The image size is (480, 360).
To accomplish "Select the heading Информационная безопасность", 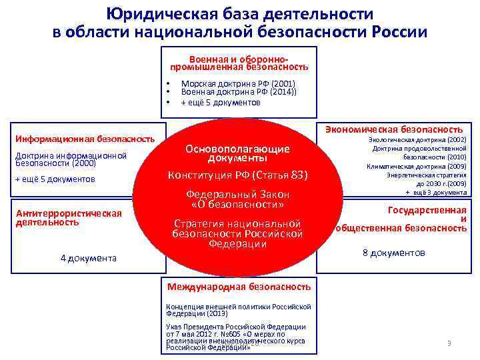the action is [85, 139].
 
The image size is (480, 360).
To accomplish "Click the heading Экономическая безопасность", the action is [394, 129].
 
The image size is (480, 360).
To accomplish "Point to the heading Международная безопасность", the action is [239, 287].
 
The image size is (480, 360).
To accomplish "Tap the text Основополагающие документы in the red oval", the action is [237, 154].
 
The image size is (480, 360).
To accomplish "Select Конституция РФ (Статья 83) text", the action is [238, 175].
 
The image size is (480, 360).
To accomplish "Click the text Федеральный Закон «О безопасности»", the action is [238, 199].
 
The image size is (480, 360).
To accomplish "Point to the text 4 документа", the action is [88, 258].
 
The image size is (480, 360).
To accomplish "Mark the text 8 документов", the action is [393, 253].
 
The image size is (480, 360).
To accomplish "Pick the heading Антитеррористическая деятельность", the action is [69, 217].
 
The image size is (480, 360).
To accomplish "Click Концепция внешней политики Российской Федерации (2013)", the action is [238, 310].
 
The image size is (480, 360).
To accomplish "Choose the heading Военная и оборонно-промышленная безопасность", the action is [239, 63].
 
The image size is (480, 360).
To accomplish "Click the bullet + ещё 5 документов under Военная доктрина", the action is [221, 103].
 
